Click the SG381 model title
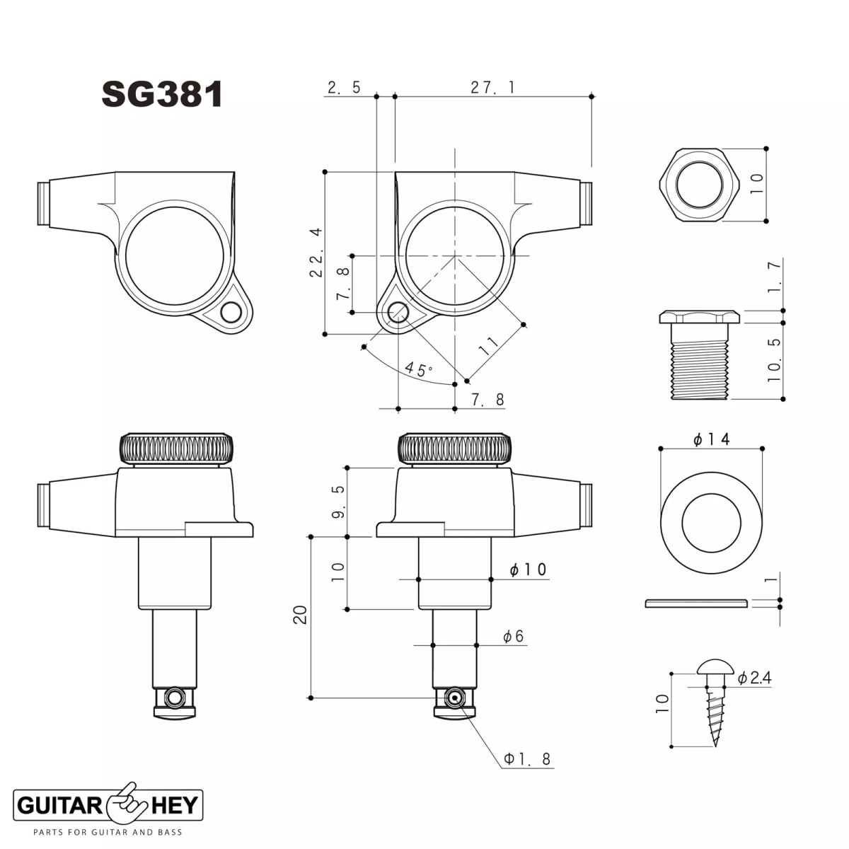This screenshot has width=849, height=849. tap(162, 94)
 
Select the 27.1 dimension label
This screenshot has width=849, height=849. tap(492, 87)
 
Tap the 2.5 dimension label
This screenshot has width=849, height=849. tap(344, 87)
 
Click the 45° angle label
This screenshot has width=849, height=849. tap(418, 369)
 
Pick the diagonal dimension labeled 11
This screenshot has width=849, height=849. tap(488, 346)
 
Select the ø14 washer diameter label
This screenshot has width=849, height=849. tap(711, 439)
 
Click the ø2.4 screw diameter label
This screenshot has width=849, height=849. tap(754, 678)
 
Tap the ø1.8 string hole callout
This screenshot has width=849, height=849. tap(527, 759)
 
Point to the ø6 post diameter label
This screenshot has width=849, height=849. tap(514, 637)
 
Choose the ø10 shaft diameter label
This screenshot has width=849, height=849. tap(528, 570)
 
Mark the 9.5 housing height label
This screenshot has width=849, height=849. tap(338, 501)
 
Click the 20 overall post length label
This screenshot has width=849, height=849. tap(301, 614)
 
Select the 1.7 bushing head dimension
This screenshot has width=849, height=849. tap(774, 277)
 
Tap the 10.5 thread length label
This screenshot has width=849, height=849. tap(774, 360)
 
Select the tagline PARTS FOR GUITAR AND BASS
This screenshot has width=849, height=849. tap(108, 832)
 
